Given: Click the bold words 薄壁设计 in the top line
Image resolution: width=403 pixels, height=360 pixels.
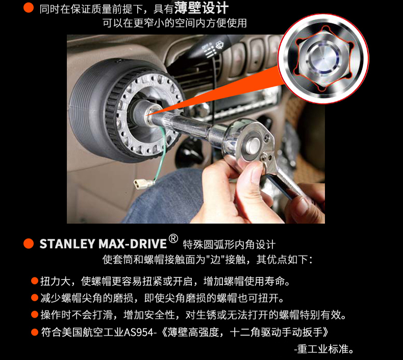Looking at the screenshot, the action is (x=201, y=8).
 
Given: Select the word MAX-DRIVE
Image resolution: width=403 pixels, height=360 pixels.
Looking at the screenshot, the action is (x=133, y=244).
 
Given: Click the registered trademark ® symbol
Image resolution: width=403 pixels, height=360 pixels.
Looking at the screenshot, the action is (x=173, y=239).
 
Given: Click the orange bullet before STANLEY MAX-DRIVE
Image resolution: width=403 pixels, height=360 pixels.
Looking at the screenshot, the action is (x=29, y=244).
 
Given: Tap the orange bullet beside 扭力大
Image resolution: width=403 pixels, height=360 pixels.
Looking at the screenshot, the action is (x=35, y=281).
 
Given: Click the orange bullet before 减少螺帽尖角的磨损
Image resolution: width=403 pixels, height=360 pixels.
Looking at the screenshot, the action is (x=35, y=298).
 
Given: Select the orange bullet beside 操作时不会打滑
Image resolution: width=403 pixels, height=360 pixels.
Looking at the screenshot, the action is (x=35, y=314).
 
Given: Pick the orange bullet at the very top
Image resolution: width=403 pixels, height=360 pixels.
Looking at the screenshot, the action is (x=29, y=8).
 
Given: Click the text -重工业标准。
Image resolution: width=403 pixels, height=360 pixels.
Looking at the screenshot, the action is (x=324, y=349).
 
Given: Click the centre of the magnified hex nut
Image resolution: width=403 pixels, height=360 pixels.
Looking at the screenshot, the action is (x=323, y=59).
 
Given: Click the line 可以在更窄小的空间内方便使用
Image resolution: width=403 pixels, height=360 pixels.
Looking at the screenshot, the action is (x=175, y=23).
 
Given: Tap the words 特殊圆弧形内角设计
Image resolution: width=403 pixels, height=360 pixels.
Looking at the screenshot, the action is (x=229, y=244).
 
